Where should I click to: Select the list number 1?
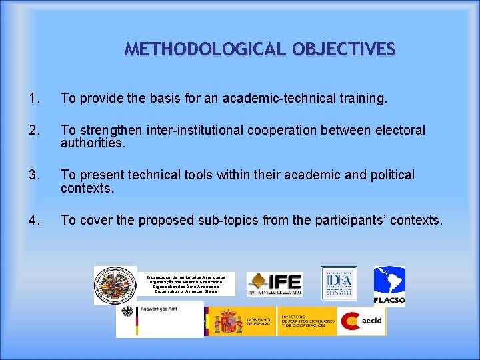tap(34, 99)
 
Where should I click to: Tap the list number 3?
tap(34, 175)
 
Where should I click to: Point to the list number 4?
tap(34, 220)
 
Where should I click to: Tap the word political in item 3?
tap(387, 175)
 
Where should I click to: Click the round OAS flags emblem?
tap(115, 285)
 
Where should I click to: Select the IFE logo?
tap(275, 284)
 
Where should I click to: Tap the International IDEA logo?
tap(339, 283)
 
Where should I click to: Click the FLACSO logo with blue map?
tap(389, 285)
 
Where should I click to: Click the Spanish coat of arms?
tap(229, 321)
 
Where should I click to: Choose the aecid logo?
tap(361, 321)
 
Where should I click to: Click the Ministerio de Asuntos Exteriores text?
tap(307, 321)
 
